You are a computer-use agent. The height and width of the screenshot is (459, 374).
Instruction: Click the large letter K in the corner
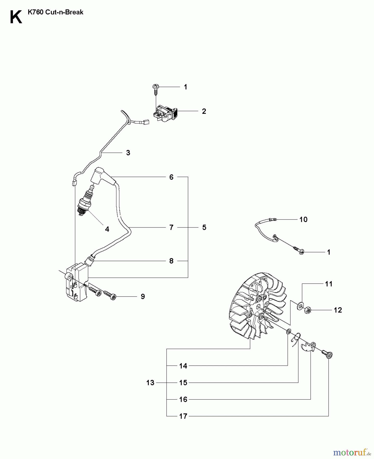16,17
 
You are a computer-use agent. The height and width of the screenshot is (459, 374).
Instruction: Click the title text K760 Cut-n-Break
55,12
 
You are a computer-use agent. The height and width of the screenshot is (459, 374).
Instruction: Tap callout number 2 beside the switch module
204,111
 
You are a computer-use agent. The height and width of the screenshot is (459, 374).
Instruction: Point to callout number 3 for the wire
128,153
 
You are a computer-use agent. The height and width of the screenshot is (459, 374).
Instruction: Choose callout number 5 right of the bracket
204,227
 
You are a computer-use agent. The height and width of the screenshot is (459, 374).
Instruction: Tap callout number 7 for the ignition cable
171,227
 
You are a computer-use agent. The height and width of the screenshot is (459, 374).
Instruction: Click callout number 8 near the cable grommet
171,261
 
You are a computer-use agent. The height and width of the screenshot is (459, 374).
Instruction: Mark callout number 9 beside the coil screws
143,296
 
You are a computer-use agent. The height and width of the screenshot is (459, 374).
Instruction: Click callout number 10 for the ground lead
303,219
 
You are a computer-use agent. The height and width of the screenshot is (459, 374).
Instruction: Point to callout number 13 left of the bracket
150,382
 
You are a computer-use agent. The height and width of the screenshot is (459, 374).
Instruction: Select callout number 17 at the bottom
183,416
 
